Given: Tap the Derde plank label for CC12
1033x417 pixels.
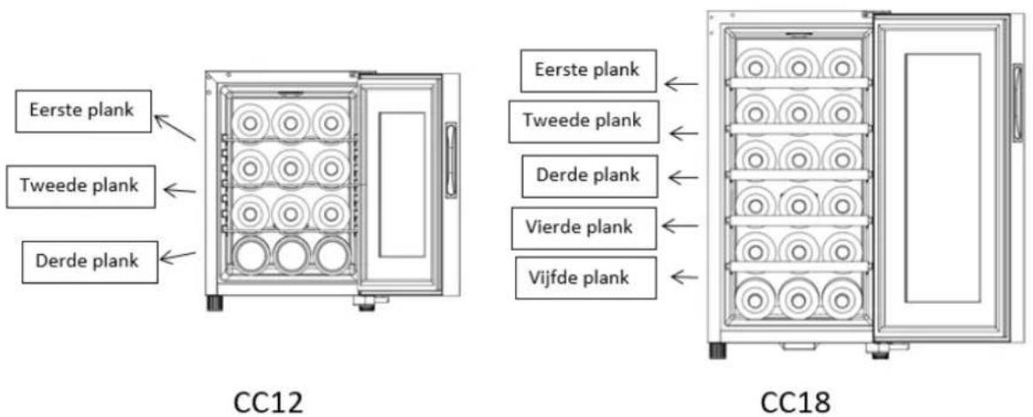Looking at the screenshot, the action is [x=89, y=262].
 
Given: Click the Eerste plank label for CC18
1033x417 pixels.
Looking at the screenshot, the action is [x=589, y=71].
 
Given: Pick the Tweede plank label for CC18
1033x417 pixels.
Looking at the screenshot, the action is [x=583, y=122].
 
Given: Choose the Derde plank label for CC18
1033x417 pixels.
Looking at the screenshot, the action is [x=589, y=176].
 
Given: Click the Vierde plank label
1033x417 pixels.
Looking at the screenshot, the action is [x=583, y=228].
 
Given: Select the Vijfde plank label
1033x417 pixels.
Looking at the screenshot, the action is [x=586, y=278].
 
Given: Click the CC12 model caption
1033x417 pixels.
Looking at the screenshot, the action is [x=269, y=402].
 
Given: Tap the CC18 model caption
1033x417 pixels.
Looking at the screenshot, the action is [x=795, y=402].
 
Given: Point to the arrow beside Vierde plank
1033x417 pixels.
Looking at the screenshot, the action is [x=680, y=226].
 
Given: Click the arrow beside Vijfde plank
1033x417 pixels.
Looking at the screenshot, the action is [x=684, y=277].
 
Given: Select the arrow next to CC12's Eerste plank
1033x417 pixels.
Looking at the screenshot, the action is [x=174, y=127].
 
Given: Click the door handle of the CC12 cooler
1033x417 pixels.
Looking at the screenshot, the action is [x=451, y=160].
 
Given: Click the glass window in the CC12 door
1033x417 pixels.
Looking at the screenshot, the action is [x=402, y=184].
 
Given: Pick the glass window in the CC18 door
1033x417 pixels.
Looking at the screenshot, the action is [x=942, y=178].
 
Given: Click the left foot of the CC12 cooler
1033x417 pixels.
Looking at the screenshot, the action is [x=214, y=303].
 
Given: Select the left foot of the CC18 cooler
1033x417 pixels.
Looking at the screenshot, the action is [x=717, y=351].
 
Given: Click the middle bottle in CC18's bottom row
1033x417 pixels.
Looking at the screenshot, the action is [x=798, y=300].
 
